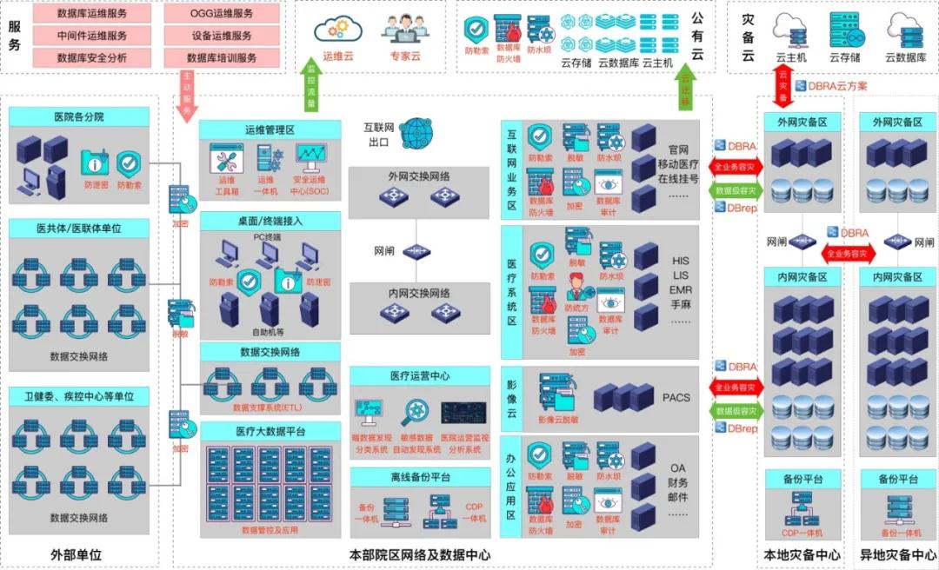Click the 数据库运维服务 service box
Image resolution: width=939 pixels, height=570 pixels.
[91, 14]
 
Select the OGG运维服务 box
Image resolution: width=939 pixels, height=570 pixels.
[222, 14]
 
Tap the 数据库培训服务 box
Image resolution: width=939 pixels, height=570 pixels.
[222, 58]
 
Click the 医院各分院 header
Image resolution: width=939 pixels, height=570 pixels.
[79, 116]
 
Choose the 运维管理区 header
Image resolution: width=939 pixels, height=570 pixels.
[270, 129]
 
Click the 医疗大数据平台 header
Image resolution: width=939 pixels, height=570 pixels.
[270, 432]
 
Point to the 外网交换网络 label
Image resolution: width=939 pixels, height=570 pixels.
[419, 176]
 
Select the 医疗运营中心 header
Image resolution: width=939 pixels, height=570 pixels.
[420, 376]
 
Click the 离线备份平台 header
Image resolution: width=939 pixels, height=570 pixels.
[420, 477]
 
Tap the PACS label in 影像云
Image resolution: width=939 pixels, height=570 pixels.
[676, 398]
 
